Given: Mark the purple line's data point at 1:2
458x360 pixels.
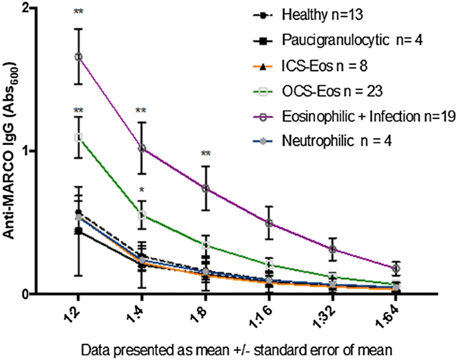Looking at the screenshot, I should click(78, 57).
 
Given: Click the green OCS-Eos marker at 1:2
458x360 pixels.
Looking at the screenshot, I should click(78, 137).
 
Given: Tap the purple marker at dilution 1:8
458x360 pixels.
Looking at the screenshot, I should click(205, 188).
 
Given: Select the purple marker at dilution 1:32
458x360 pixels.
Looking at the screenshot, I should click(332, 249).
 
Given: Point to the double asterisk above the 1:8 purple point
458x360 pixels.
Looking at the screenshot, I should click(205, 154).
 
